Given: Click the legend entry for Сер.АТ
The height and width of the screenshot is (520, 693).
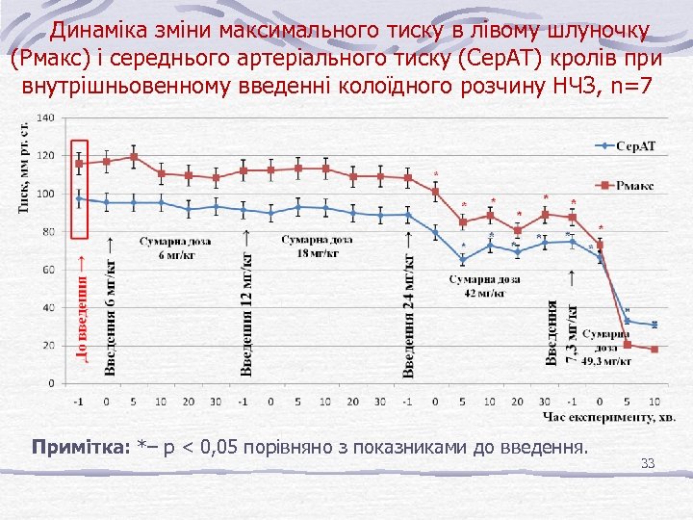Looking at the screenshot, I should click(x=636, y=146).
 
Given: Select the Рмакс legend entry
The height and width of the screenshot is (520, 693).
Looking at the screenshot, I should click(x=636, y=184).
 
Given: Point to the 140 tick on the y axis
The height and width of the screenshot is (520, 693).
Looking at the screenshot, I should click(x=45, y=118).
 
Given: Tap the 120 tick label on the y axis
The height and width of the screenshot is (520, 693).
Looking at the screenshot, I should click(x=45, y=156).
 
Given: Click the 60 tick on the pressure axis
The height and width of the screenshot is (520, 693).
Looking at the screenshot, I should click(x=47, y=270).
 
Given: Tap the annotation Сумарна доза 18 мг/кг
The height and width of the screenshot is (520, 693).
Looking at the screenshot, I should click(x=318, y=247).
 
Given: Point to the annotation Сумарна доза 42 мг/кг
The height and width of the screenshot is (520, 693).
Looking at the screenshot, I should click(x=484, y=285).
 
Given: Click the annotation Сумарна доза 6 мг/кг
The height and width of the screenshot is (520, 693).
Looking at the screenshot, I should click(x=175, y=247).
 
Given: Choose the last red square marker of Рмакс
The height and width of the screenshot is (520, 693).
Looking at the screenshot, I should click(x=654, y=349).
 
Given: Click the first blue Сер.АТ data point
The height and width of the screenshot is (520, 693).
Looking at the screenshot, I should click(x=80, y=199).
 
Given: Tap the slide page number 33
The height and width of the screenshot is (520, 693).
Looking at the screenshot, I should click(x=647, y=464).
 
